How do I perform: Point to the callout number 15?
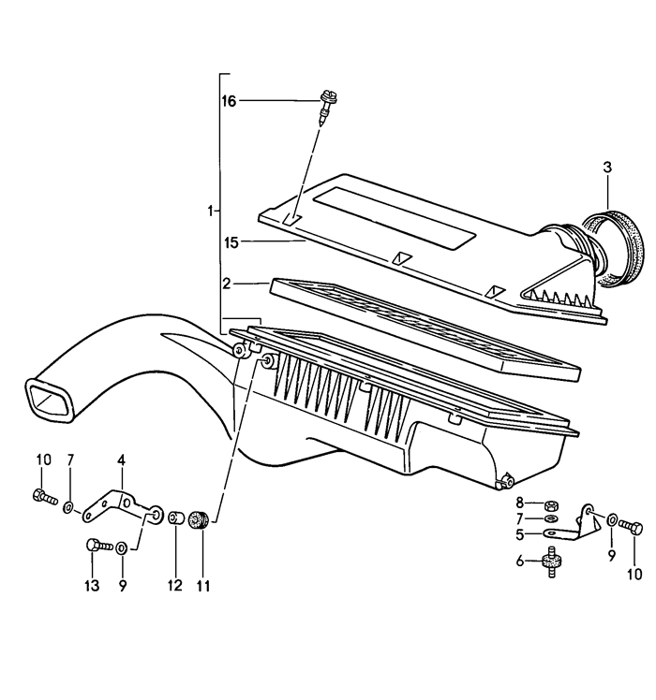(x=231, y=243)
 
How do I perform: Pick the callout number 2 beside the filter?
(x=227, y=282)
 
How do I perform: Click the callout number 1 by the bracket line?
(x=210, y=211)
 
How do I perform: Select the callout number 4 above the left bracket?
(x=121, y=459)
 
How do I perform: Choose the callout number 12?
(x=173, y=587)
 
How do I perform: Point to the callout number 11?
(x=203, y=587)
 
